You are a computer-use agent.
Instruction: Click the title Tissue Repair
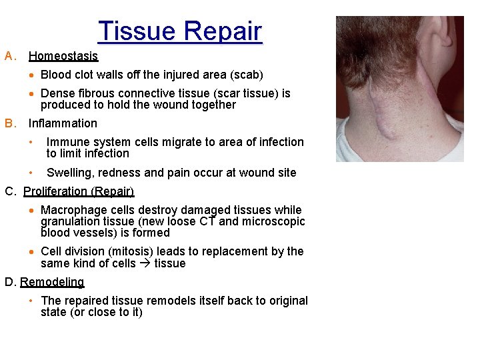coord(180,31)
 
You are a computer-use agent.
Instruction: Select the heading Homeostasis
coord(63,56)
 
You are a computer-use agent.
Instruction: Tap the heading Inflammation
coord(63,123)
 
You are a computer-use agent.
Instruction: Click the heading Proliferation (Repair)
coord(79,191)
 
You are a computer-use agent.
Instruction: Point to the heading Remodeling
coord(52,282)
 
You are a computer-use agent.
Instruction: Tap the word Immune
coord(67,142)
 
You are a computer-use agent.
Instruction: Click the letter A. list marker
coord(10,56)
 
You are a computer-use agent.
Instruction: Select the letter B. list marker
coord(10,123)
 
